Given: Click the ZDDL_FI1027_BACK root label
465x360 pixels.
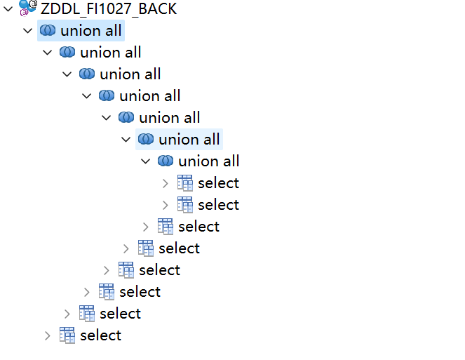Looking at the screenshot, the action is click(109, 8).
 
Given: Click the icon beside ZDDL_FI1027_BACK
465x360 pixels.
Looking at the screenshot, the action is click(27, 8).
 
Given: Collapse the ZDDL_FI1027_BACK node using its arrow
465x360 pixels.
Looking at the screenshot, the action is click(8, 9).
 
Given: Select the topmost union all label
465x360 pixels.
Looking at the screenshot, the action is click(91, 31).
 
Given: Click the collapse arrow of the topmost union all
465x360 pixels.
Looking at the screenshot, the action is click(27, 31).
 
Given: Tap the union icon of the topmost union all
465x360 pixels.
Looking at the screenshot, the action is click(48, 30).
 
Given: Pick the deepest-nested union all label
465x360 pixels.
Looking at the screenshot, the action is click(209, 161).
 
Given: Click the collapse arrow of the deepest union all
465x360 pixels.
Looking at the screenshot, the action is click(145, 161).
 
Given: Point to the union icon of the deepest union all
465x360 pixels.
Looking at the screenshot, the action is click(166, 161).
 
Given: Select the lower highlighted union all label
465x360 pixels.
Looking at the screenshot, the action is click(189, 140).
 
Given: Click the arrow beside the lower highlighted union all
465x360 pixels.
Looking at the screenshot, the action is click(126, 140).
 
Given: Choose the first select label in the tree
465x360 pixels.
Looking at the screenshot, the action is click(218, 183).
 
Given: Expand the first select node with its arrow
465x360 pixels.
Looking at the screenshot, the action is click(166, 183).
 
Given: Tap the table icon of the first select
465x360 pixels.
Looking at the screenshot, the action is click(184, 183).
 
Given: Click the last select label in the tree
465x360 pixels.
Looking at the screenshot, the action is click(100, 335).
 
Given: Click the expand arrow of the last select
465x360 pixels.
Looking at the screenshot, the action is click(48, 336).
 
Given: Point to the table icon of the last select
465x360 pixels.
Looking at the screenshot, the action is click(67, 335).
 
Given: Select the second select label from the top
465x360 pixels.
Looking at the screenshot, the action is click(218, 205).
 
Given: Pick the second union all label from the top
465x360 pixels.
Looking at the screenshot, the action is click(111, 53).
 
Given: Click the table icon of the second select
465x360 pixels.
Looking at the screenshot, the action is click(184, 205).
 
